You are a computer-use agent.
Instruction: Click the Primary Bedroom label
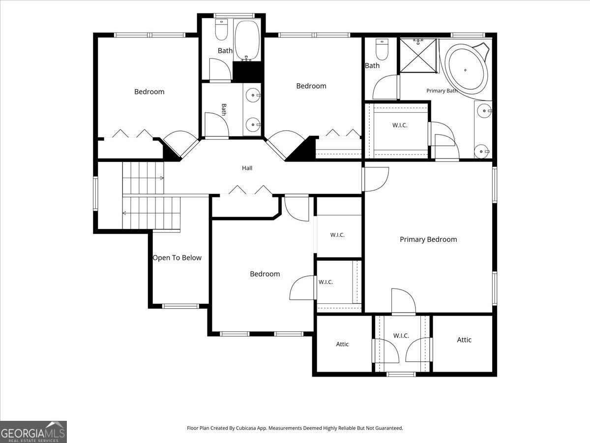428,239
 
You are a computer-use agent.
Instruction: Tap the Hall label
247,168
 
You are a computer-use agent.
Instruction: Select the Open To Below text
177,257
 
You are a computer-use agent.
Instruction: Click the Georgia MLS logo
33,432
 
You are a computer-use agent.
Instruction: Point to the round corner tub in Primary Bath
466,69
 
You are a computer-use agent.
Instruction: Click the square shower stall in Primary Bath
418,56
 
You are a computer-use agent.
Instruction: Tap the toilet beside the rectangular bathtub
221,30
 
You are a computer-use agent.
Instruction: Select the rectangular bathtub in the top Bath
247,40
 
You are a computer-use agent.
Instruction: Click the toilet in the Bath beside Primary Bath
382,49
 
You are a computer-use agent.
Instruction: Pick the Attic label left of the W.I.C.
342,344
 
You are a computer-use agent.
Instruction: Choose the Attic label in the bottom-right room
464,340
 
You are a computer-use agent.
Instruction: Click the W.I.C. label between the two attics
401,336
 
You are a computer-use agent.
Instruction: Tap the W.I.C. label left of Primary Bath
400,125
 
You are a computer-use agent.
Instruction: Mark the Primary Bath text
442,91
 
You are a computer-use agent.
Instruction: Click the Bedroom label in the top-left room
149,92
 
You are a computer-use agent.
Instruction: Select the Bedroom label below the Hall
265,274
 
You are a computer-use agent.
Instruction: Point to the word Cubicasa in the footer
246,428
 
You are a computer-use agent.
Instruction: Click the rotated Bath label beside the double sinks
224,109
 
